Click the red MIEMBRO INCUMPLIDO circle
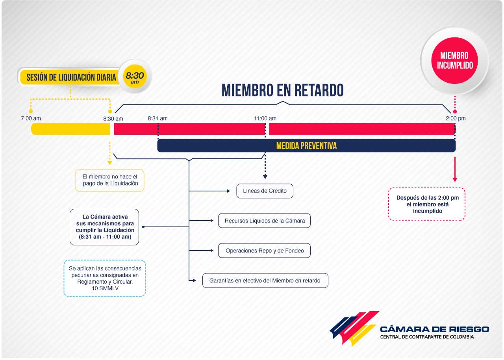click(455, 61)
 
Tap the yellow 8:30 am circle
click(135, 76)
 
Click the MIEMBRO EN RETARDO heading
click(283, 90)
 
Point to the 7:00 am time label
click(31, 118)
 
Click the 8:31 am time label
click(157, 118)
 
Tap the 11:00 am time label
click(265, 118)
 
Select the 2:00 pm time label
click(456, 118)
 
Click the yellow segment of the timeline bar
click(70, 129)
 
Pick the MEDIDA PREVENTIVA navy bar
click(306, 146)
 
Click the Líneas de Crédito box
click(265, 191)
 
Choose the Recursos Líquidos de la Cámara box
click(264, 221)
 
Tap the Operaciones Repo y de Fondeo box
click(264, 251)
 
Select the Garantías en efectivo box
click(265, 280)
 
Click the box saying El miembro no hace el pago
click(109, 180)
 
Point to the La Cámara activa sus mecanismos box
click(104, 227)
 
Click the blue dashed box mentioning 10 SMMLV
click(105, 278)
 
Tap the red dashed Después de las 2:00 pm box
click(427, 204)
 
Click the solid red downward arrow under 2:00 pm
click(455, 169)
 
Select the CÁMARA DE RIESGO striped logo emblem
click(354, 328)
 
